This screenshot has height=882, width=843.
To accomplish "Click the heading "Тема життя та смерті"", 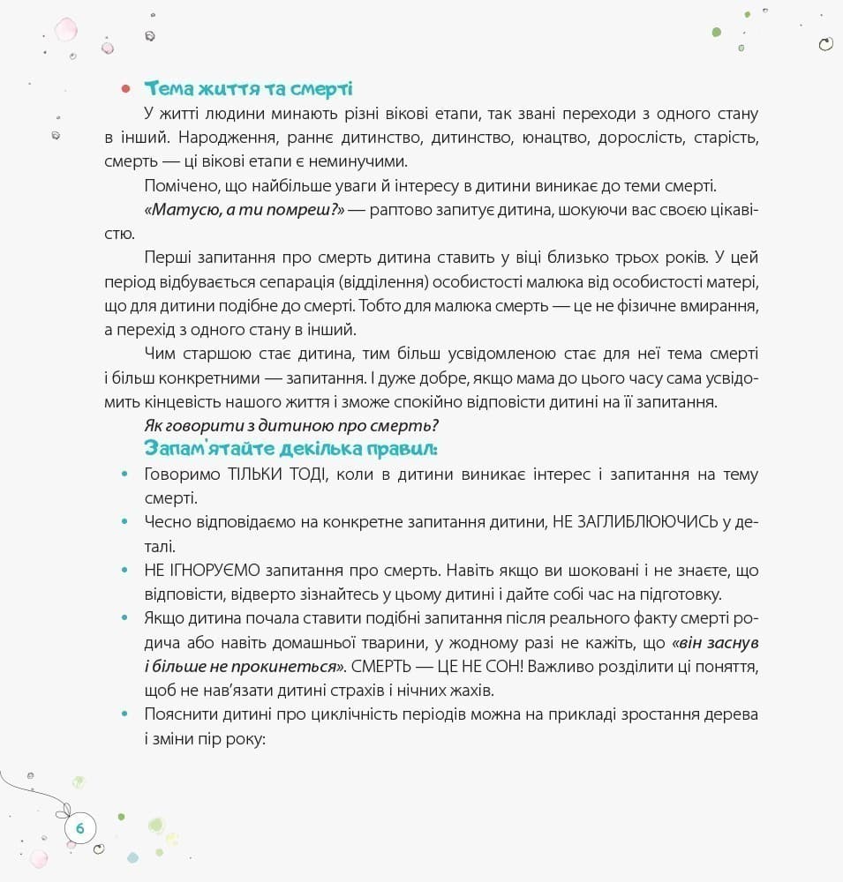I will pos(249,89).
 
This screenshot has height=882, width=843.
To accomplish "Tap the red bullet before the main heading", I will pos(125,89).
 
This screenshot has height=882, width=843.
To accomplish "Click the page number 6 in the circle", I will pos(80,828).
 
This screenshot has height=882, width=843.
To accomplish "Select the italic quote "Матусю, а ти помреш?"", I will pos(243,211).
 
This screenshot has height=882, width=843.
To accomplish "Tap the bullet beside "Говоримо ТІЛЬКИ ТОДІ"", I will pos(124,475).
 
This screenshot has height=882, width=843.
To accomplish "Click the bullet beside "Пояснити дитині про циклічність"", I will pos(124,713).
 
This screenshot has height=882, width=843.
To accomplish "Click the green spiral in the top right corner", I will pos(826,44).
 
